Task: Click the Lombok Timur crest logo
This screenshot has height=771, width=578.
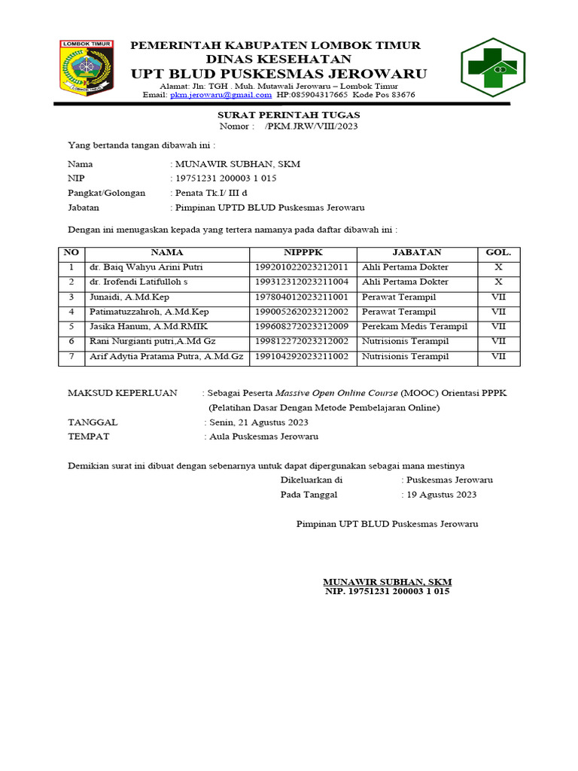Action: tap(86, 68)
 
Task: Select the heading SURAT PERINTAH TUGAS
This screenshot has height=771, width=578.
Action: tap(289, 114)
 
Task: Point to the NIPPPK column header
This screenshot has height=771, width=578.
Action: tap(303, 253)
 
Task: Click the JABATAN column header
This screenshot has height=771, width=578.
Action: tap(416, 253)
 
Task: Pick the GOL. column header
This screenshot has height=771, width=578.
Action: tap(498, 253)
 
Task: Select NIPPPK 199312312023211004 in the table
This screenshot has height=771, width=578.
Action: tap(301, 282)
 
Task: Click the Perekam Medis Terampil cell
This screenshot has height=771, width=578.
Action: tap(414, 327)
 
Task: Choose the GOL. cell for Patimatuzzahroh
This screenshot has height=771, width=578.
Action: tap(498, 312)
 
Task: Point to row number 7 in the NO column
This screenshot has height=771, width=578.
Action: tap(71, 357)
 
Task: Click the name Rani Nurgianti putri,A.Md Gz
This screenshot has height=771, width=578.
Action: tap(153, 342)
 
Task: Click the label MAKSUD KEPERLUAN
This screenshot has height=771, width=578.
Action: tap(123, 393)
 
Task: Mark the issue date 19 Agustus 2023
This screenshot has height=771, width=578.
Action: tap(442, 495)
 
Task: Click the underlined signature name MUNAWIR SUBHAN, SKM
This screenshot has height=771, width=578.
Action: tap(387, 582)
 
